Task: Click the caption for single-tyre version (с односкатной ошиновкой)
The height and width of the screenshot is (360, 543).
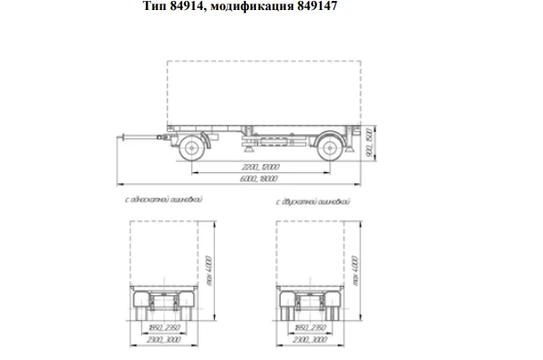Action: [163, 199]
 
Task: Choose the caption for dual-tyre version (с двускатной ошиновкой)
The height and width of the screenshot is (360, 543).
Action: [311, 199]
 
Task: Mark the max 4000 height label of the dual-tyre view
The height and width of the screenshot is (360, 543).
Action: [355, 271]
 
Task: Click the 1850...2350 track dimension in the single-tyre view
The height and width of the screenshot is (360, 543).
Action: [164, 326]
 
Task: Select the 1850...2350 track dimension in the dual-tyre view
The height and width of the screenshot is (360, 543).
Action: [311, 326]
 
